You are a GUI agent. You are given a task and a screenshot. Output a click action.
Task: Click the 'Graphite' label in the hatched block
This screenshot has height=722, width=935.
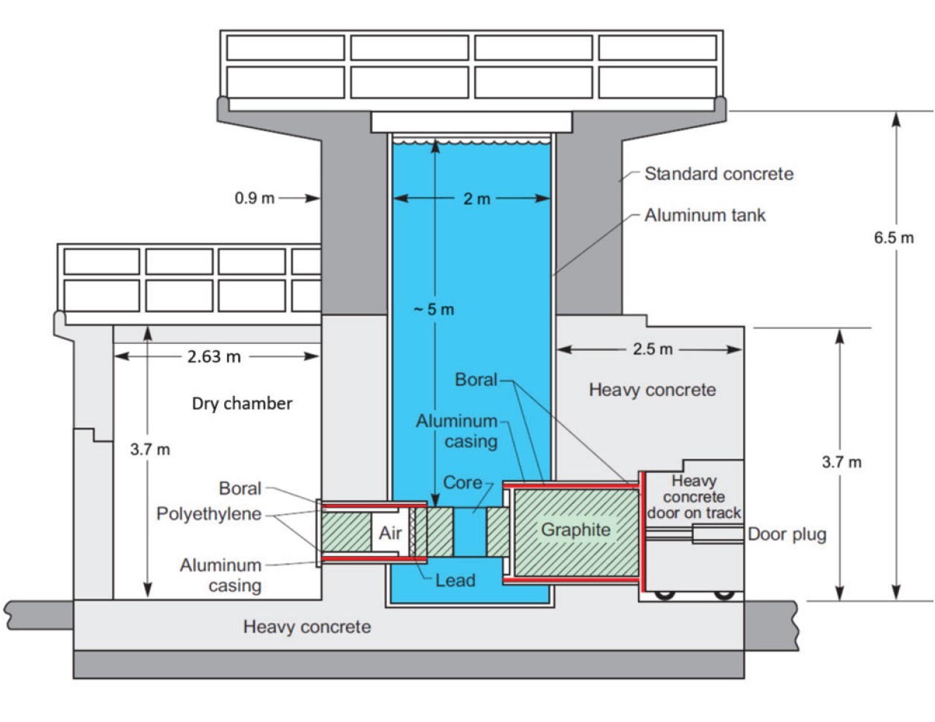pos(575,530)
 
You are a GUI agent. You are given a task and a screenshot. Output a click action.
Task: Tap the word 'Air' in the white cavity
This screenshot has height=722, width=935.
pos(390,533)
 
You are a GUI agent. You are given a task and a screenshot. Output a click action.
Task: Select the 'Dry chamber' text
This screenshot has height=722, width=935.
pos(242,403)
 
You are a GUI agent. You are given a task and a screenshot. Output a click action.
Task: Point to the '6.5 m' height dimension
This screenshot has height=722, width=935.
pos(893,237)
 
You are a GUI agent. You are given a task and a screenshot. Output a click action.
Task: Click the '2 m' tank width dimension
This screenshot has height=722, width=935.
pos(476,199)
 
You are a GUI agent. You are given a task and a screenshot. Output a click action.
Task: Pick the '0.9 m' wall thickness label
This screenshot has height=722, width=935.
pos(255,198)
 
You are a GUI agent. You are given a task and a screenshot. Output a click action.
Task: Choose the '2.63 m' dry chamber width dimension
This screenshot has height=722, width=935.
pos(214,357)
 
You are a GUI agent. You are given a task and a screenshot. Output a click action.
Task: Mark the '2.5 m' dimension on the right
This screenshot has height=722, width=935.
pos(652,349)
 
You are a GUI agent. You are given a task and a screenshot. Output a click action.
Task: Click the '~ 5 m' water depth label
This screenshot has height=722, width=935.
pos(434,310)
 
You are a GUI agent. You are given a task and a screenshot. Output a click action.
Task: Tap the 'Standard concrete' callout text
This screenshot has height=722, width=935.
pos(718,173)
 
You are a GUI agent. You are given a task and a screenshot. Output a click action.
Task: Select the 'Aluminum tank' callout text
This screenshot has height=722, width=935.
pos(705,215)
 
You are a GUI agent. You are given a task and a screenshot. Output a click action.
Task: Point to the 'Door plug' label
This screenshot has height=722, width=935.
pos(787,534)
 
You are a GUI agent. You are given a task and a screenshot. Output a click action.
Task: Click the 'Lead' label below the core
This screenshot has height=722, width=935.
pos(456,581)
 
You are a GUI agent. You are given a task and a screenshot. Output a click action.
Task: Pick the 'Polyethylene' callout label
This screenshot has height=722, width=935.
pos(208,514)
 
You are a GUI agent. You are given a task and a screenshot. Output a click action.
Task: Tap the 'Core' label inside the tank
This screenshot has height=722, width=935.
pos(462,482)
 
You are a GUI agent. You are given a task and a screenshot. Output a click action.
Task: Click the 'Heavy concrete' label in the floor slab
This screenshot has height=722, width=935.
pos(307,627)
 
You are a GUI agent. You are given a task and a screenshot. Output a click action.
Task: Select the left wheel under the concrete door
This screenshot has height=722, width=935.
pos(665,595)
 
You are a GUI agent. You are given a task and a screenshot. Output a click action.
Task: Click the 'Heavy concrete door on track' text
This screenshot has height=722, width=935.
pos(694,496)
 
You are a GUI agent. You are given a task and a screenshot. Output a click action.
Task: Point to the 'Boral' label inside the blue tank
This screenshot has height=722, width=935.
pos(476,380)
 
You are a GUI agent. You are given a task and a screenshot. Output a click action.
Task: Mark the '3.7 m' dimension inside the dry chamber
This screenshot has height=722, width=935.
pos(150,450)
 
